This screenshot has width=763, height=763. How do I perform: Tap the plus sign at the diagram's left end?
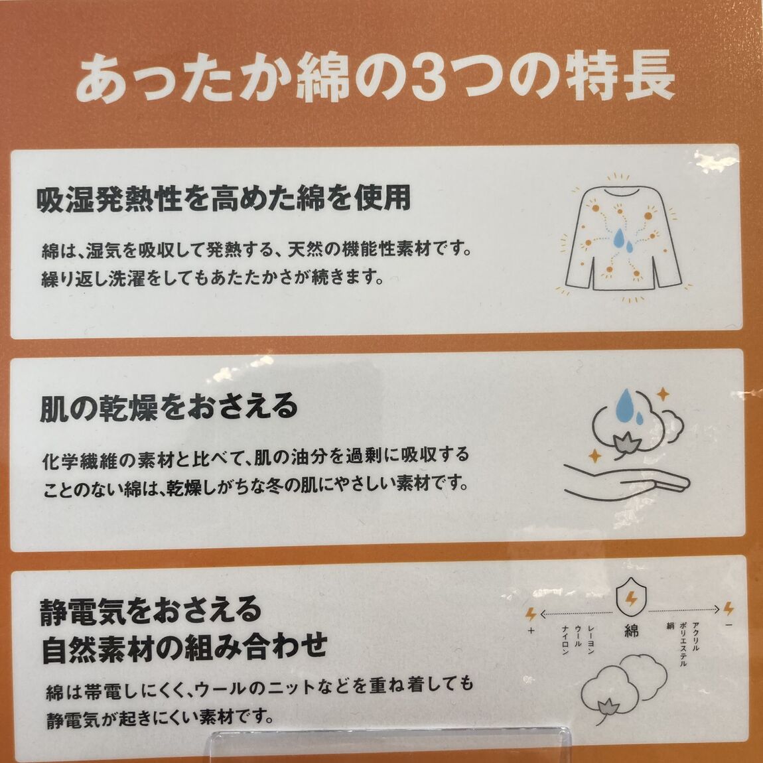tap(530, 631)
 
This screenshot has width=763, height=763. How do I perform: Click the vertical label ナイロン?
tap(565, 640)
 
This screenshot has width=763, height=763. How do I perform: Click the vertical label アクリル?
tap(695, 634)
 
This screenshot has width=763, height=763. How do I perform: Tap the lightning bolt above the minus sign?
tap(728, 608)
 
